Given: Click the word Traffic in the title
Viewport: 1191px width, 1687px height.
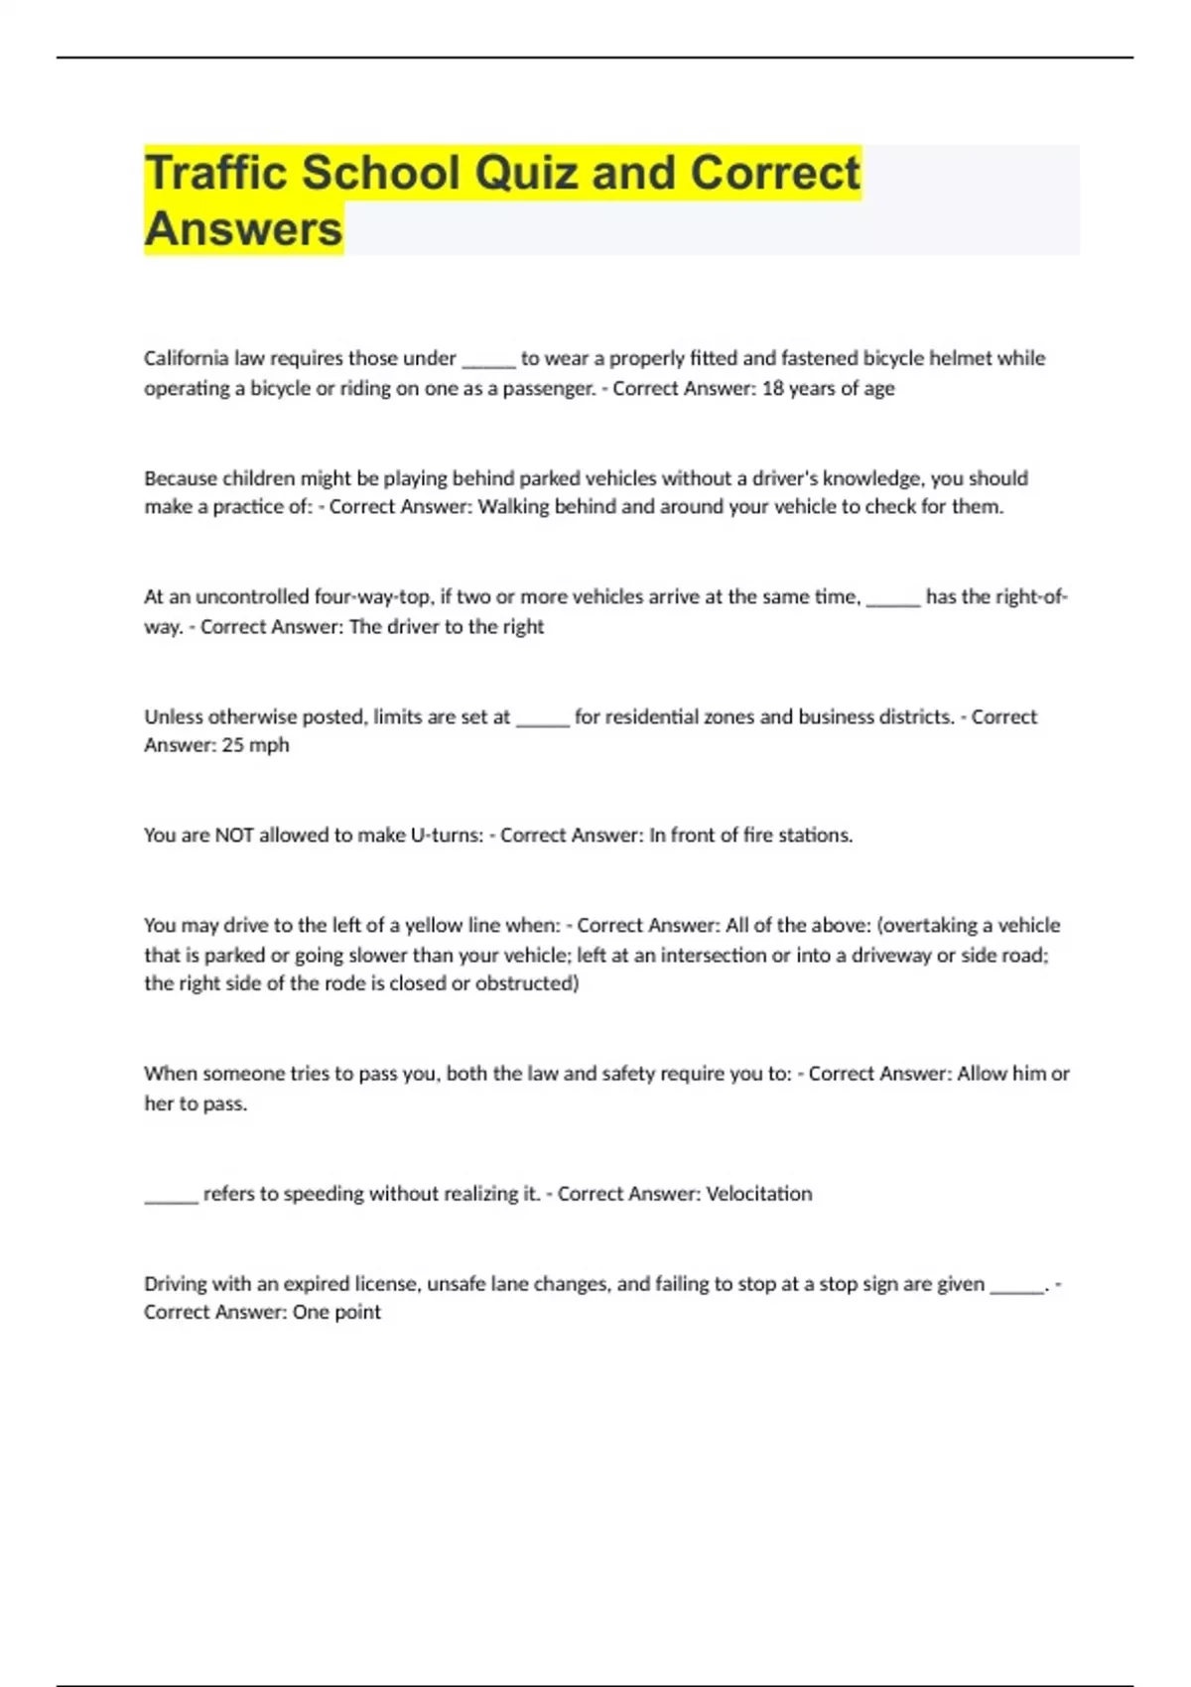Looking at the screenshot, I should coord(217,173).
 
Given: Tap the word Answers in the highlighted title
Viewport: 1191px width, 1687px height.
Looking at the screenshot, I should coord(243,229).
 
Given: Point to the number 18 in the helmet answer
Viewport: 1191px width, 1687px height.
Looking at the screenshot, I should coord(772,388).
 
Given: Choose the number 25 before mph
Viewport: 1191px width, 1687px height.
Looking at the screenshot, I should coord(232,745).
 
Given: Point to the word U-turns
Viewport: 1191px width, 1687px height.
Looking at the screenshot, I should coord(447,836).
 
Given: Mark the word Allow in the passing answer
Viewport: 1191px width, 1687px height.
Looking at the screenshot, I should coord(982,1074).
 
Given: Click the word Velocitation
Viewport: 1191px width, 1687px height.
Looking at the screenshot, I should coord(758,1194).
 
